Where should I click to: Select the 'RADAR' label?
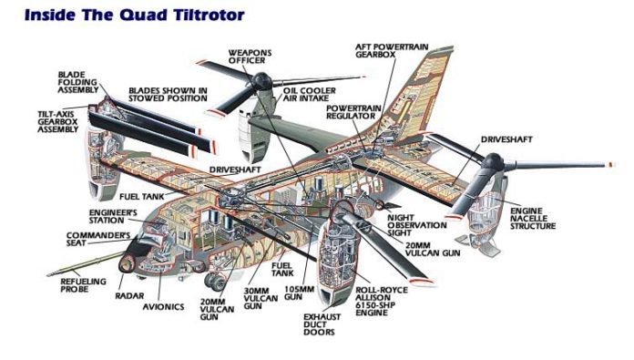tap(129, 295)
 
